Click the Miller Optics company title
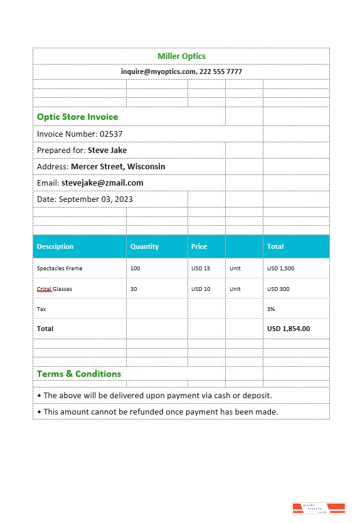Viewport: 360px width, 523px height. [181, 56]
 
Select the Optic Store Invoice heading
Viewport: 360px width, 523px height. [77, 117]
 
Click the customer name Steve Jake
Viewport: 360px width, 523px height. [107, 151]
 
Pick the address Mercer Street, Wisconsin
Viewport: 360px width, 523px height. [118, 167]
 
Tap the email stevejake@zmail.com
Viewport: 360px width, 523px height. [102, 183]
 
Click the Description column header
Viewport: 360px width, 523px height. [55, 246]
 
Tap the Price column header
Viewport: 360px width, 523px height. [199, 246]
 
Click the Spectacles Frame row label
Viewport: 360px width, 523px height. [60, 268]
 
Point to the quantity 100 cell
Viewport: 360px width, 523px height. [135, 268]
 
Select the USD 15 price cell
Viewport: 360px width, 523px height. [201, 268]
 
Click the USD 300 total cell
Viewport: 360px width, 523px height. [278, 289]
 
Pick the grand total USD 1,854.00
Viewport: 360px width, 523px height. [289, 329]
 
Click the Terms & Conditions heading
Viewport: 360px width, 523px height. [79, 374]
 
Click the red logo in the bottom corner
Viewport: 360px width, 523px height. [319, 509]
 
